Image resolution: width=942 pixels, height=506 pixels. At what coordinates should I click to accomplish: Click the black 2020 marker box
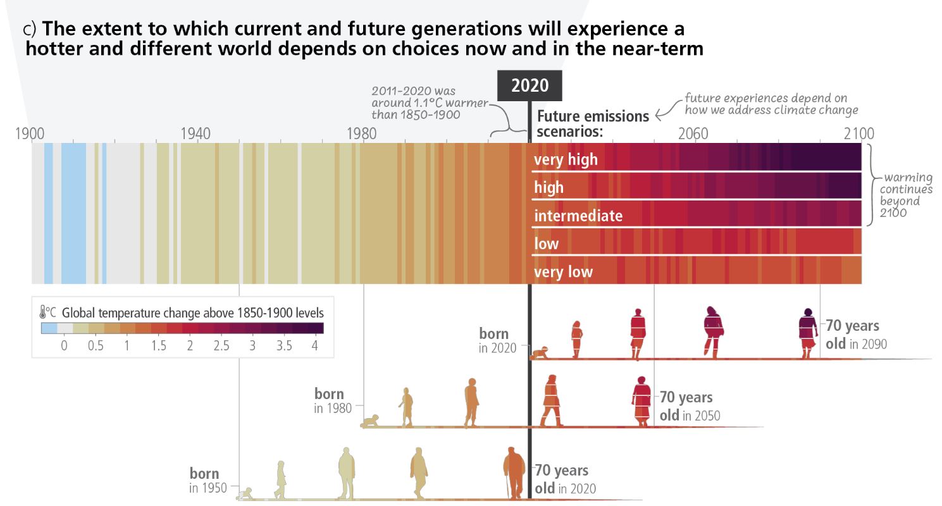(530, 85)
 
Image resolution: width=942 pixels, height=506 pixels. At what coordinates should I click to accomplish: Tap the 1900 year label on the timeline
(29, 134)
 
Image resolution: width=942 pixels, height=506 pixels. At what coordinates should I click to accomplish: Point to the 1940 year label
(195, 134)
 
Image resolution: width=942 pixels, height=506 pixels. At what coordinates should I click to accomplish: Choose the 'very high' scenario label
(566, 159)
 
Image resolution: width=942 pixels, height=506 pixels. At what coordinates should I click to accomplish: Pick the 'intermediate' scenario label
(578, 216)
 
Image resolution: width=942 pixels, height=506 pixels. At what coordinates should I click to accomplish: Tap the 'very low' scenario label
(563, 272)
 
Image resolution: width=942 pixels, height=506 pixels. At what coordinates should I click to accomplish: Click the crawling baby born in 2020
(540, 354)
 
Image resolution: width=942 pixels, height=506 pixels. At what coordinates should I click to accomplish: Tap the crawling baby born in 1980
(371, 422)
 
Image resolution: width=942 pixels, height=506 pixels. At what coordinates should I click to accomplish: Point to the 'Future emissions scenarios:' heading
(593, 123)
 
